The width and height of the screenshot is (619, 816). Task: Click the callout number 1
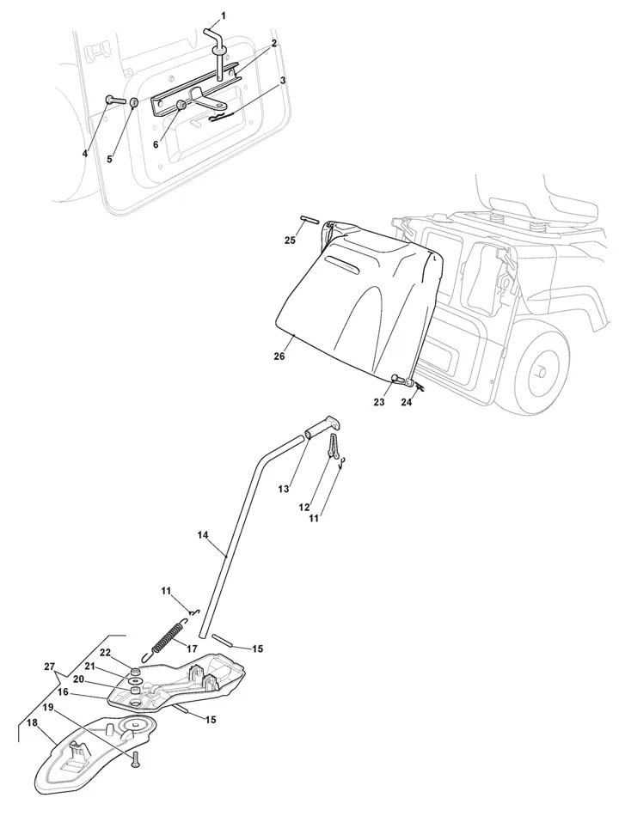[x=224, y=15]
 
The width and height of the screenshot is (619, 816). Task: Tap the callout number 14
[x=203, y=534]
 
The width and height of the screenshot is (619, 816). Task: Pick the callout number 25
[x=290, y=241]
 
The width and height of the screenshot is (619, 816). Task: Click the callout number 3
[x=283, y=80]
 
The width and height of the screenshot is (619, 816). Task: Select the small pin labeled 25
[x=310, y=221]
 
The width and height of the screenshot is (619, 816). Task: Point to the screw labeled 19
[x=135, y=758]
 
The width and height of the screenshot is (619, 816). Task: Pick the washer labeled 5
[x=135, y=103]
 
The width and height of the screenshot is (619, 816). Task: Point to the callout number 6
[x=156, y=144]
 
